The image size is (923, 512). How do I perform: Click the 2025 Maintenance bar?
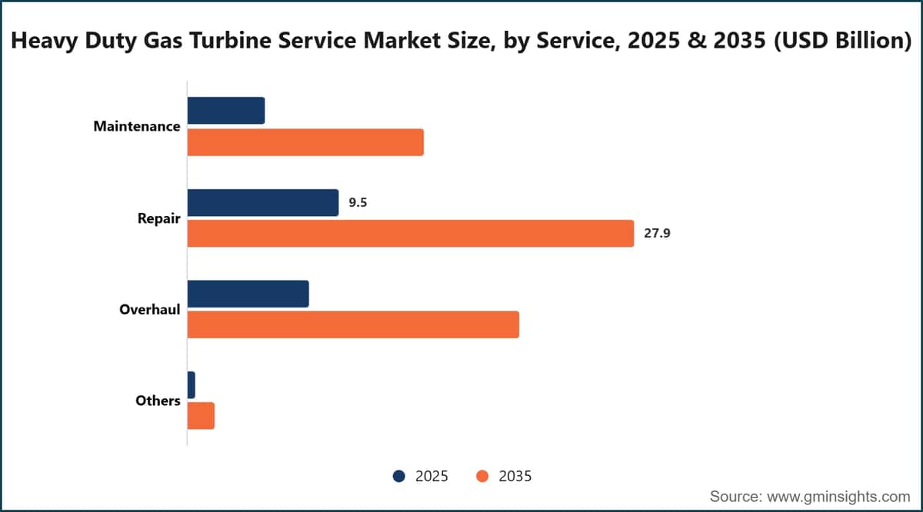pos(226,111)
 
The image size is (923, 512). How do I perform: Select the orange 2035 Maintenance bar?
pos(305,142)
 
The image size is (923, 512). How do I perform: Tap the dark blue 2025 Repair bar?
pos(263,203)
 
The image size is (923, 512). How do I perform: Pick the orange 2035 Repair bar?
pos(411,234)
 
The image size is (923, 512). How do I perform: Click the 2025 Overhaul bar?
pos(248,294)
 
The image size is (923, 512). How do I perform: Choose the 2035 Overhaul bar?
pos(353,324)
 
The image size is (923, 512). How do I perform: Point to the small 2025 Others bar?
pos(192,385)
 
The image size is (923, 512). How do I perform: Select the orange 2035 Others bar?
pos(201,416)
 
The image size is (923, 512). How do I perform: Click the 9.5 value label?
pos(358,203)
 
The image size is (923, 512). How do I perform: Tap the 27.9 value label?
pos(657,234)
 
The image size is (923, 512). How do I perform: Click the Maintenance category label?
pos(137,126)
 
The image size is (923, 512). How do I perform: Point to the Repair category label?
pos(159,218)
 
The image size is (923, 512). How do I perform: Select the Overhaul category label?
pos(149,309)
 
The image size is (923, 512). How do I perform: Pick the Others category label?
pos(158,401)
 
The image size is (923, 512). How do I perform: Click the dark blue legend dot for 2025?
pos(399,476)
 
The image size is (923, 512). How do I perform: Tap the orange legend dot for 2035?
pos(482,476)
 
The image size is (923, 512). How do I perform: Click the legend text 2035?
pos(515,476)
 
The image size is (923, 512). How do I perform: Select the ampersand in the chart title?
pos(697,41)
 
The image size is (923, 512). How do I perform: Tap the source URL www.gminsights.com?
pos(838,497)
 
